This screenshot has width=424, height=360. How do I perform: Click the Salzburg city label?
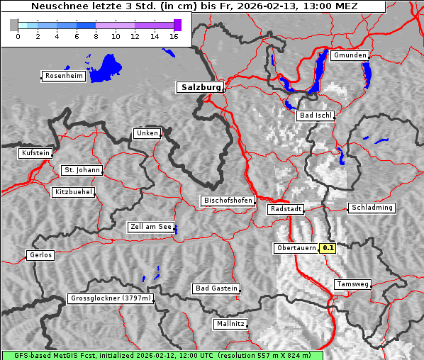(x=200, y=87)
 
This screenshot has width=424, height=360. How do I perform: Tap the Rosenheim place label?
(x=63, y=76)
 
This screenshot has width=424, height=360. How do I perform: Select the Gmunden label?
(x=350, y=55)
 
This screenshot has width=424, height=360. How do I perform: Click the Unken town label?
(x=147, y=133)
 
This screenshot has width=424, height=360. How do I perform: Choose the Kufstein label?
(x=35, y=153)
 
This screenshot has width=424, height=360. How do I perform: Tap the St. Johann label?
(x=82, y=170)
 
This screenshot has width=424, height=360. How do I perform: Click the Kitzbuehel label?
(x=73, y=192)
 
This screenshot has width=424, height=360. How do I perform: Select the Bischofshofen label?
(x=228, y=201)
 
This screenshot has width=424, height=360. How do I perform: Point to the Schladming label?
(x=371, y=208)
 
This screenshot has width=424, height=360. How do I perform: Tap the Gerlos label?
(x=40, y=255)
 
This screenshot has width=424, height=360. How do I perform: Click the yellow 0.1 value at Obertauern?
(x=328, y=248)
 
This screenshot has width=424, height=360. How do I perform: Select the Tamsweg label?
(x=352, y=284)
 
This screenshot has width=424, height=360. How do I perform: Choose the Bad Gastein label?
(x=216, y=288)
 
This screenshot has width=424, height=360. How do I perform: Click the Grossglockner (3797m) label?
(x=111, y=298)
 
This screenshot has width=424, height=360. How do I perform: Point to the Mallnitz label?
(x=230, y=324)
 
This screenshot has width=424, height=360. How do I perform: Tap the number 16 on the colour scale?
(x=173, y=37)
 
